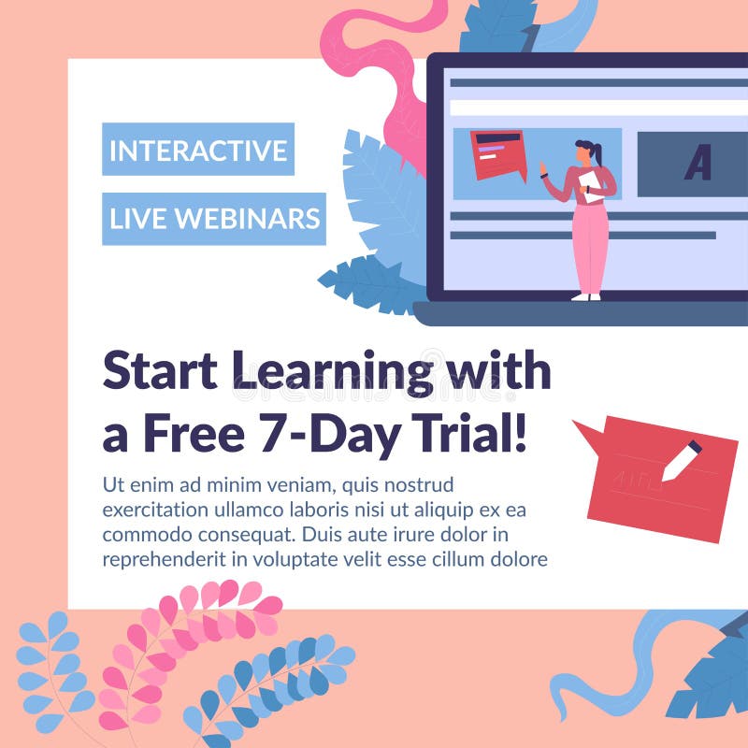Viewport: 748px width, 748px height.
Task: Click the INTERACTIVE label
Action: [198, 150]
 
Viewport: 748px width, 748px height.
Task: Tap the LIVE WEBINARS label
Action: [214, 219]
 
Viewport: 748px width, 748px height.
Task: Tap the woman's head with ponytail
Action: [586, 151]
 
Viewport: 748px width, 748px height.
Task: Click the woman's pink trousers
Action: [590, 245]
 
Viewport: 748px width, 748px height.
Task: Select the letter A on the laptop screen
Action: [698, 164]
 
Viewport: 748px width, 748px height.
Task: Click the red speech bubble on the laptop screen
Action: [497, 152]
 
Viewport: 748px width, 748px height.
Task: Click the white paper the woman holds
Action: [592, 184]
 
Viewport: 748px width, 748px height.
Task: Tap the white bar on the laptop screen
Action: [598, 108]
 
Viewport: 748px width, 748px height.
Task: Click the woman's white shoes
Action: [586, 295]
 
